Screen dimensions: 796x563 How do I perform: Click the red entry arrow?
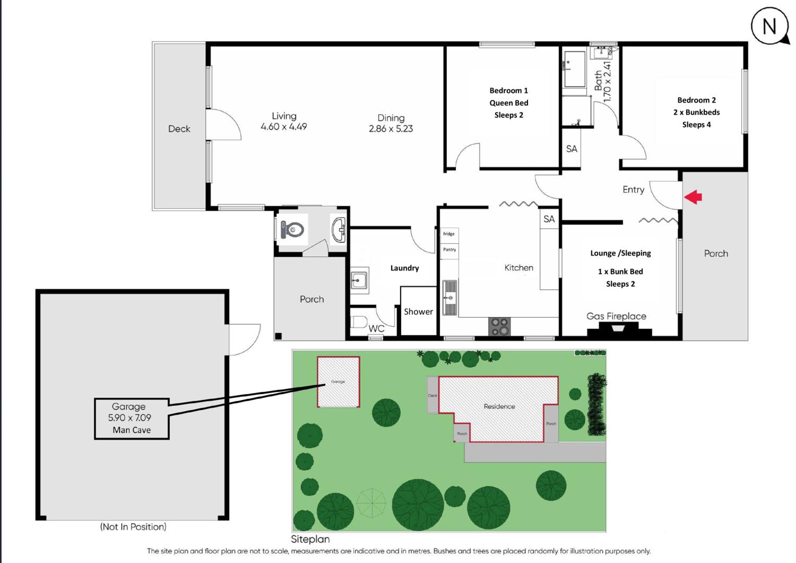[x=693, y=197]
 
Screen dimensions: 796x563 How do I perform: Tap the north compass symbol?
[x=770, y=26]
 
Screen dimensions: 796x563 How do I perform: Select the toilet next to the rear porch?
[x=292, y=230]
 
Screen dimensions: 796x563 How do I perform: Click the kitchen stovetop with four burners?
[x=499, y=326]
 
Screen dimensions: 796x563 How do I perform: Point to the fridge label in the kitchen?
[x=449, y=234]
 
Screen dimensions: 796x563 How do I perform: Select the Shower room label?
[x=418, y=312]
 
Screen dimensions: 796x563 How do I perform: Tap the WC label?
[x=376, y=328]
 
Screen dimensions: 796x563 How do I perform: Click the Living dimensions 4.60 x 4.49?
[x=284, y=127]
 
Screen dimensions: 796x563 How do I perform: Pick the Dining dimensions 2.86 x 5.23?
[x=391, y=129]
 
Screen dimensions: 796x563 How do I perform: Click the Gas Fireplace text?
[x=616, y=316]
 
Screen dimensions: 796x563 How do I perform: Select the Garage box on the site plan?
[x=338, y=382]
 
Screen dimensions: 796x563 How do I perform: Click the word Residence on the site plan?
[x=499, y=406]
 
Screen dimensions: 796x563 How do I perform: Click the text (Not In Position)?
[x=133, y=527]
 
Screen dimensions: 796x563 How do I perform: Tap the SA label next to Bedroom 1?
[x=572, y=149]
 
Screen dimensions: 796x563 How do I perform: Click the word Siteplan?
[x=310, y=539]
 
